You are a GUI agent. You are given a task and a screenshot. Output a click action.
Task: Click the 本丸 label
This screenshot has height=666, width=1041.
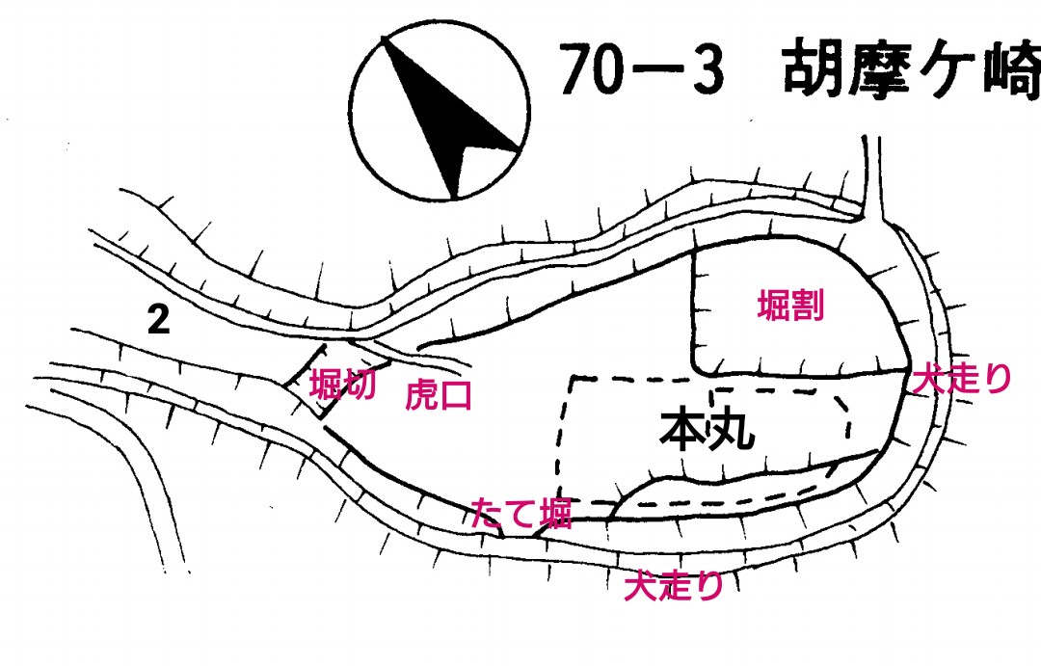click(x=707, y=430)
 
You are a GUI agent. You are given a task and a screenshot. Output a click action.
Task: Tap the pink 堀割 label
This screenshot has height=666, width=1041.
click(x=790, y=306)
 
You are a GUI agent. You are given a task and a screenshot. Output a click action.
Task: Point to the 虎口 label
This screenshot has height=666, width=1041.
click(x=439, y=394)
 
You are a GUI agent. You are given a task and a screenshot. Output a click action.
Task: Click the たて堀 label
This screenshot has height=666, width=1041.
click(x=521, y=513)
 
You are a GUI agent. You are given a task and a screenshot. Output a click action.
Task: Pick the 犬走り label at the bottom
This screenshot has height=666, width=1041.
click(x=673, y=586)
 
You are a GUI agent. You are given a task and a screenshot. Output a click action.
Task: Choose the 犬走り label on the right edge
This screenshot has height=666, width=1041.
click(x=962, y=379)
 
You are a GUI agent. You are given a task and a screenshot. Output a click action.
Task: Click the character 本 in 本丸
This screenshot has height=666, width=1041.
click(x=682, y=430)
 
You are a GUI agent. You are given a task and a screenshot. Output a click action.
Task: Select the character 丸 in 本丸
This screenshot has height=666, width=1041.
click(x=732, y=430)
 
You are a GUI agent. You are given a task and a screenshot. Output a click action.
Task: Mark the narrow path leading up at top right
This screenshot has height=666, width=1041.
click(x=873, y=178)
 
